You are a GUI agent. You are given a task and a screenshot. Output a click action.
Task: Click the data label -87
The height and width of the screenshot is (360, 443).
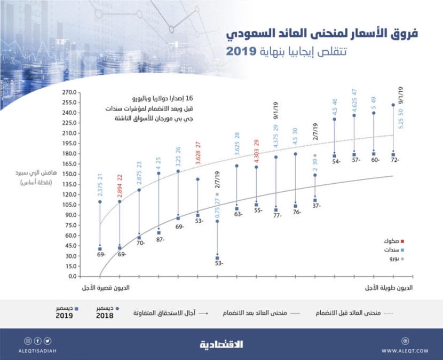(x=159, y=240)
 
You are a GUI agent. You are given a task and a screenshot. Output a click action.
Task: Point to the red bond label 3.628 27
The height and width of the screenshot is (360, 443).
(x=198, y=153)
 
